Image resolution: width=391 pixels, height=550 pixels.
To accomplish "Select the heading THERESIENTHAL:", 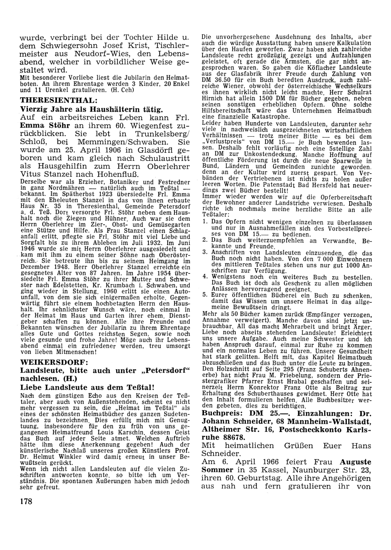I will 59,100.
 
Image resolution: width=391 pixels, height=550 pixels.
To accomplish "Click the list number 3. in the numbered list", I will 204,252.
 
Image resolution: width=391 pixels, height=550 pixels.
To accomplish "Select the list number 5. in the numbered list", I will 204,295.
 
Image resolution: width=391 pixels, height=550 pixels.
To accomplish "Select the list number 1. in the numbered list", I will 204,222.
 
